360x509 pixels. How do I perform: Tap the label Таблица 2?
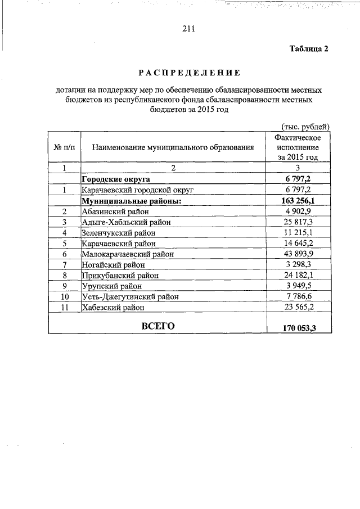308,49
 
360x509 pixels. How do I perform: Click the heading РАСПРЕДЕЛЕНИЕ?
189,73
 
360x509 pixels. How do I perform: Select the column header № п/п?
64,147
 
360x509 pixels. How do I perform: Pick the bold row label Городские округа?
115,179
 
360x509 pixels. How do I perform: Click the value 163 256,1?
298,201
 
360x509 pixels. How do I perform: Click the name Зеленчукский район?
118,233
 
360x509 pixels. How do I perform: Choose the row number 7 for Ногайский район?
64,265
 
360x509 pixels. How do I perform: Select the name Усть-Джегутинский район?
130,297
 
